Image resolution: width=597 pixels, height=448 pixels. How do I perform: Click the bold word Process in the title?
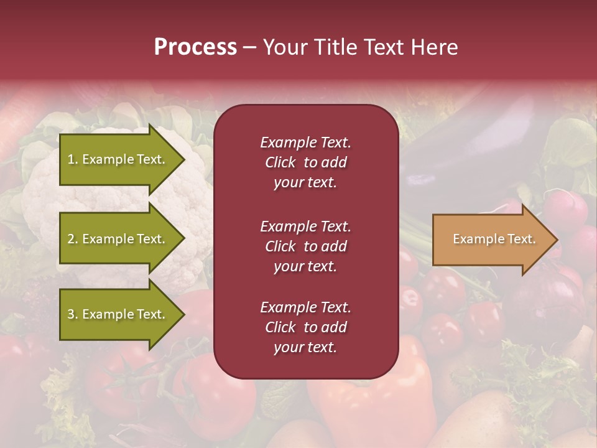coord(195,47)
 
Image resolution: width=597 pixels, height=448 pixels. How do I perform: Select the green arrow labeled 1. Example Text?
coord(118,160)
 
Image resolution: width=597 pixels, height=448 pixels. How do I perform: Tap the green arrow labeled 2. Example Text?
coord(118,239)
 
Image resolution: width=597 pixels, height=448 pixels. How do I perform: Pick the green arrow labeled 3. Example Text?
coord(118,314)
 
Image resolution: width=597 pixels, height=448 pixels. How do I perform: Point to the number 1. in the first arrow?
coord(73,159)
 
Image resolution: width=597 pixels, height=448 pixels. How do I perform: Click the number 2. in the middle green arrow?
coord(73,239)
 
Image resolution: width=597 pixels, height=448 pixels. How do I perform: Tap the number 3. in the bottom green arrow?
coord(73,314)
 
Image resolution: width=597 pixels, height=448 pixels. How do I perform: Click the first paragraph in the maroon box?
coord(305,162)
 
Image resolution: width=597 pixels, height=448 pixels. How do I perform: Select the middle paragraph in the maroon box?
coord(305,246)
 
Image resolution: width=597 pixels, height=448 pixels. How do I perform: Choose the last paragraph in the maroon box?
coord(305,327)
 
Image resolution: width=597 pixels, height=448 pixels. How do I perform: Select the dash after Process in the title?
coord(249,48)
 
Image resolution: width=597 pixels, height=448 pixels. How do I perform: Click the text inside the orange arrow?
coord(494,239)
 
